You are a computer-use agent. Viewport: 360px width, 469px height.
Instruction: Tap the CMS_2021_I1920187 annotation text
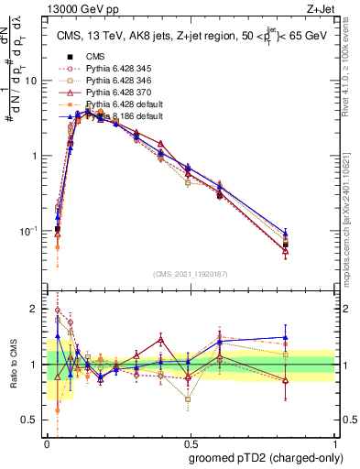tap(191, 273)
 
